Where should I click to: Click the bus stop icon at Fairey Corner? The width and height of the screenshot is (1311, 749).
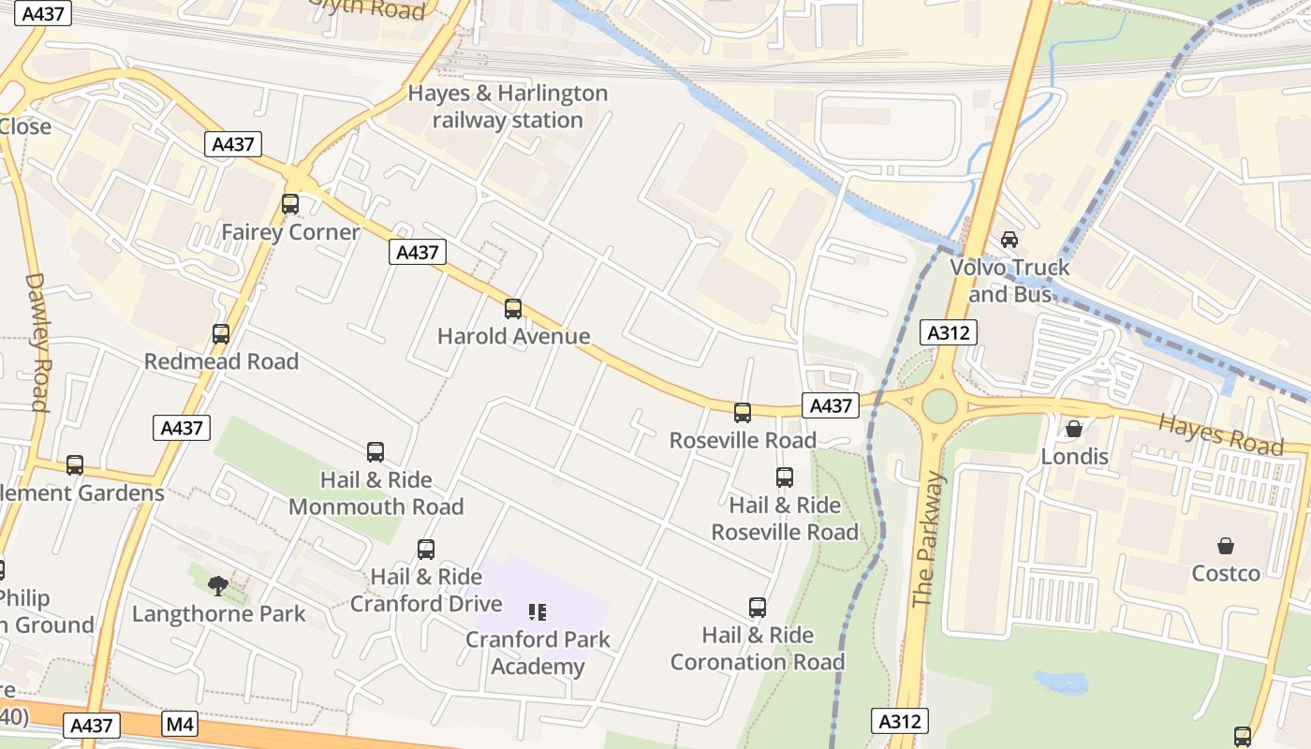tap(290, 203)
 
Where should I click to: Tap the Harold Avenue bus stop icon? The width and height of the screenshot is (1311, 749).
tap(512, 308)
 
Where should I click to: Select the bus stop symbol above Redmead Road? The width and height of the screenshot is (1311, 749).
tap(221, 333)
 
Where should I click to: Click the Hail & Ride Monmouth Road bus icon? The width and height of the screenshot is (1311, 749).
tap(376, 452)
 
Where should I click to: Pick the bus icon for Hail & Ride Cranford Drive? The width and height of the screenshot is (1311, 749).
tap(426, 550)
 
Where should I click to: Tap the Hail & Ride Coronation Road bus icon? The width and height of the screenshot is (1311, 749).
tap(758, 608)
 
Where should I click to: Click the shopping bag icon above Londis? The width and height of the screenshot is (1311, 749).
tap(1074, 429)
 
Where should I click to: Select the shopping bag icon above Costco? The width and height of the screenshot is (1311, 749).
tap(1225, 545)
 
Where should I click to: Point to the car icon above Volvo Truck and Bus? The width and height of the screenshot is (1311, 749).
tap(1009, 240)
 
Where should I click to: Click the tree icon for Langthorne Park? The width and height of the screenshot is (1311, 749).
tap(218, 586)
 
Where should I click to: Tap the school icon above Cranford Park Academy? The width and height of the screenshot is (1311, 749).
tap(538, 612)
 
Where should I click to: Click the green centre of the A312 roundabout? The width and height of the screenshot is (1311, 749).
tap(939, 406)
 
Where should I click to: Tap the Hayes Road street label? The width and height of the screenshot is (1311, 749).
tap(1220, 433)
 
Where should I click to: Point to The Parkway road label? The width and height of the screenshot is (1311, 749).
tap(929, 539)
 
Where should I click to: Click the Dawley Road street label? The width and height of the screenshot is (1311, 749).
tap(37, 342)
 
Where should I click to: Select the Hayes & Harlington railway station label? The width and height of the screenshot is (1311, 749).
tap(508, 107)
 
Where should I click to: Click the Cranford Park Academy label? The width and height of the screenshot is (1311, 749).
tap(538, 654)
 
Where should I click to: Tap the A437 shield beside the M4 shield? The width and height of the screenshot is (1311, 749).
tap(92, 726)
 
